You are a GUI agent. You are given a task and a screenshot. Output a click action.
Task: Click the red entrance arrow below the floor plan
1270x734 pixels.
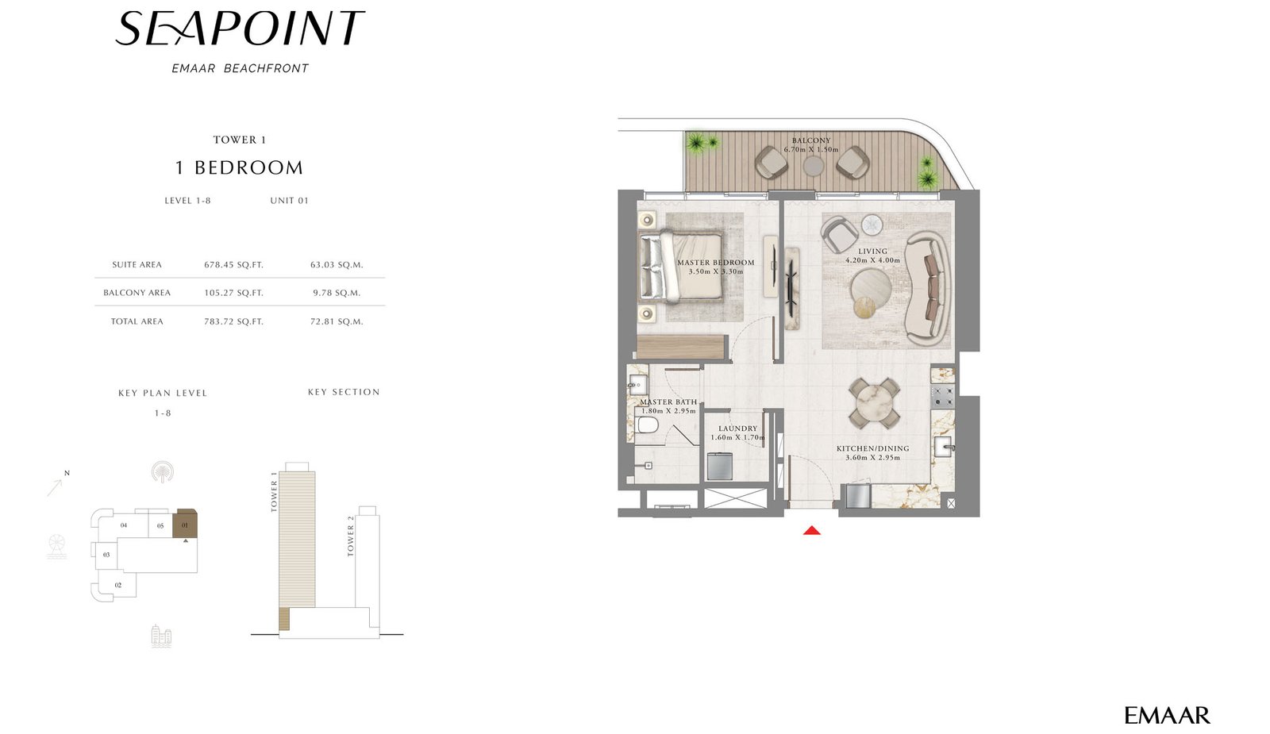point(812,531)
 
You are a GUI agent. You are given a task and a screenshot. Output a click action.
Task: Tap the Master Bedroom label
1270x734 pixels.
point(715,263)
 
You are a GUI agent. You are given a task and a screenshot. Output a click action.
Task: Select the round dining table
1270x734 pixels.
point(874,403)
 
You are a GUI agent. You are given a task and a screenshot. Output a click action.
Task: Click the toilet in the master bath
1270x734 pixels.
point(647,425)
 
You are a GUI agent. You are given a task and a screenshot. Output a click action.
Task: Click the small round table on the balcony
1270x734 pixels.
point(813,166)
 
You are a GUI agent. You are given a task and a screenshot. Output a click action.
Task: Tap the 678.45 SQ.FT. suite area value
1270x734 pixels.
point(233,265)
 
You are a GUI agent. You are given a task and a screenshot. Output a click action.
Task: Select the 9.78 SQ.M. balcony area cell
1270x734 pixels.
point(337,293)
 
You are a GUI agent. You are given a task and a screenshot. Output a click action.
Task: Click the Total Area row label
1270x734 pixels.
point(137,321)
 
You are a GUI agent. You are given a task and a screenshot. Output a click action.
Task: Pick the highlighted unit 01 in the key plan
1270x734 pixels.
point(185,524)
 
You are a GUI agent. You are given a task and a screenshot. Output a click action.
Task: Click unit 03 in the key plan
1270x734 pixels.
point(106,555)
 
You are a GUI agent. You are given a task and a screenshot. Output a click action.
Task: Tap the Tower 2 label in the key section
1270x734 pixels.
point(350,536)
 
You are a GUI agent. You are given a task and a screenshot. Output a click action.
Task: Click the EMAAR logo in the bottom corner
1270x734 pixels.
point(1167,715)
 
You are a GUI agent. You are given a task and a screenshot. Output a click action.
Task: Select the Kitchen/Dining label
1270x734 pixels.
point(872,448)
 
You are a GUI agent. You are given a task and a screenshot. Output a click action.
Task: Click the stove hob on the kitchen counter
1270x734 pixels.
point(942,396)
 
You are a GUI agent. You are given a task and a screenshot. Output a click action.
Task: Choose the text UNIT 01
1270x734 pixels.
point(289,201)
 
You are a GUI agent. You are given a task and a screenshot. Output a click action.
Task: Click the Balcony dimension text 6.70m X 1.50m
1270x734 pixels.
point(811,150)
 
